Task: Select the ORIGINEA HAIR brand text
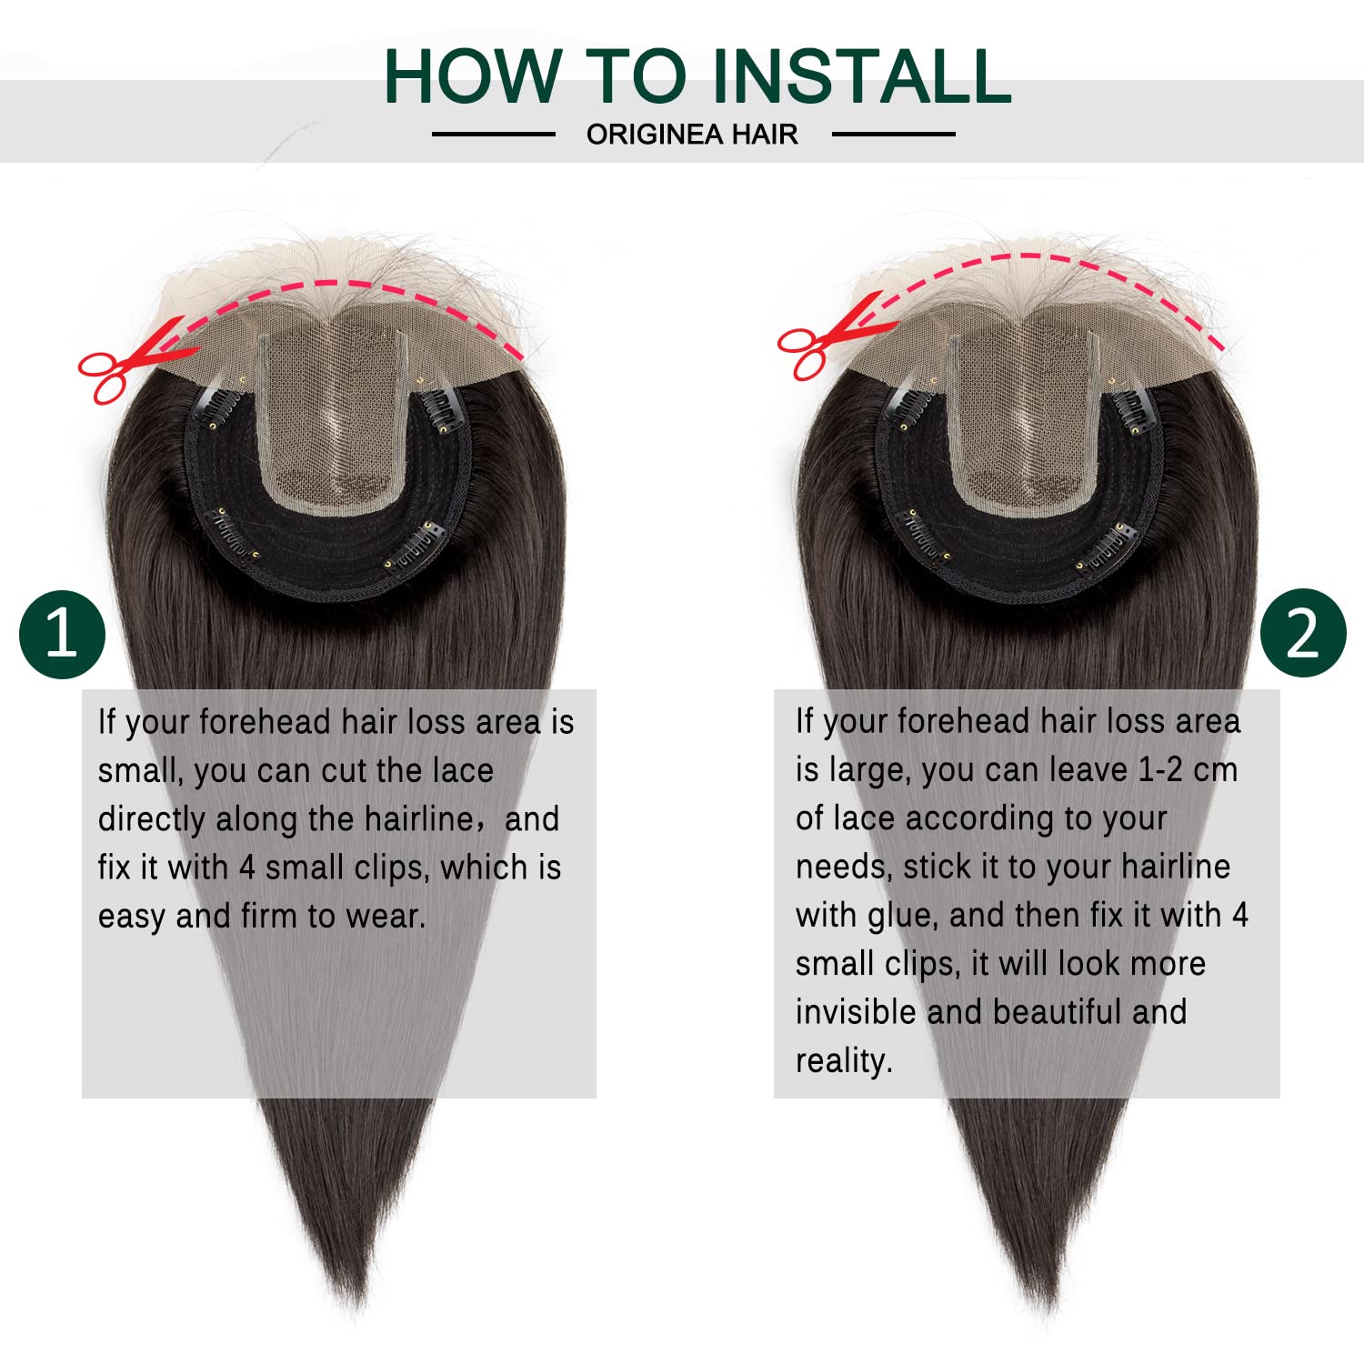tap(692, 135)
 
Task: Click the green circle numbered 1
tap(62, 634)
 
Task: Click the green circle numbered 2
tap(1302, 633)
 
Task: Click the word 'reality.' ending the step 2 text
tap(844, 1061)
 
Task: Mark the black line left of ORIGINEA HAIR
tap(493, 135)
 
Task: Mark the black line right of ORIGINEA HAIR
tap(893, 135)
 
